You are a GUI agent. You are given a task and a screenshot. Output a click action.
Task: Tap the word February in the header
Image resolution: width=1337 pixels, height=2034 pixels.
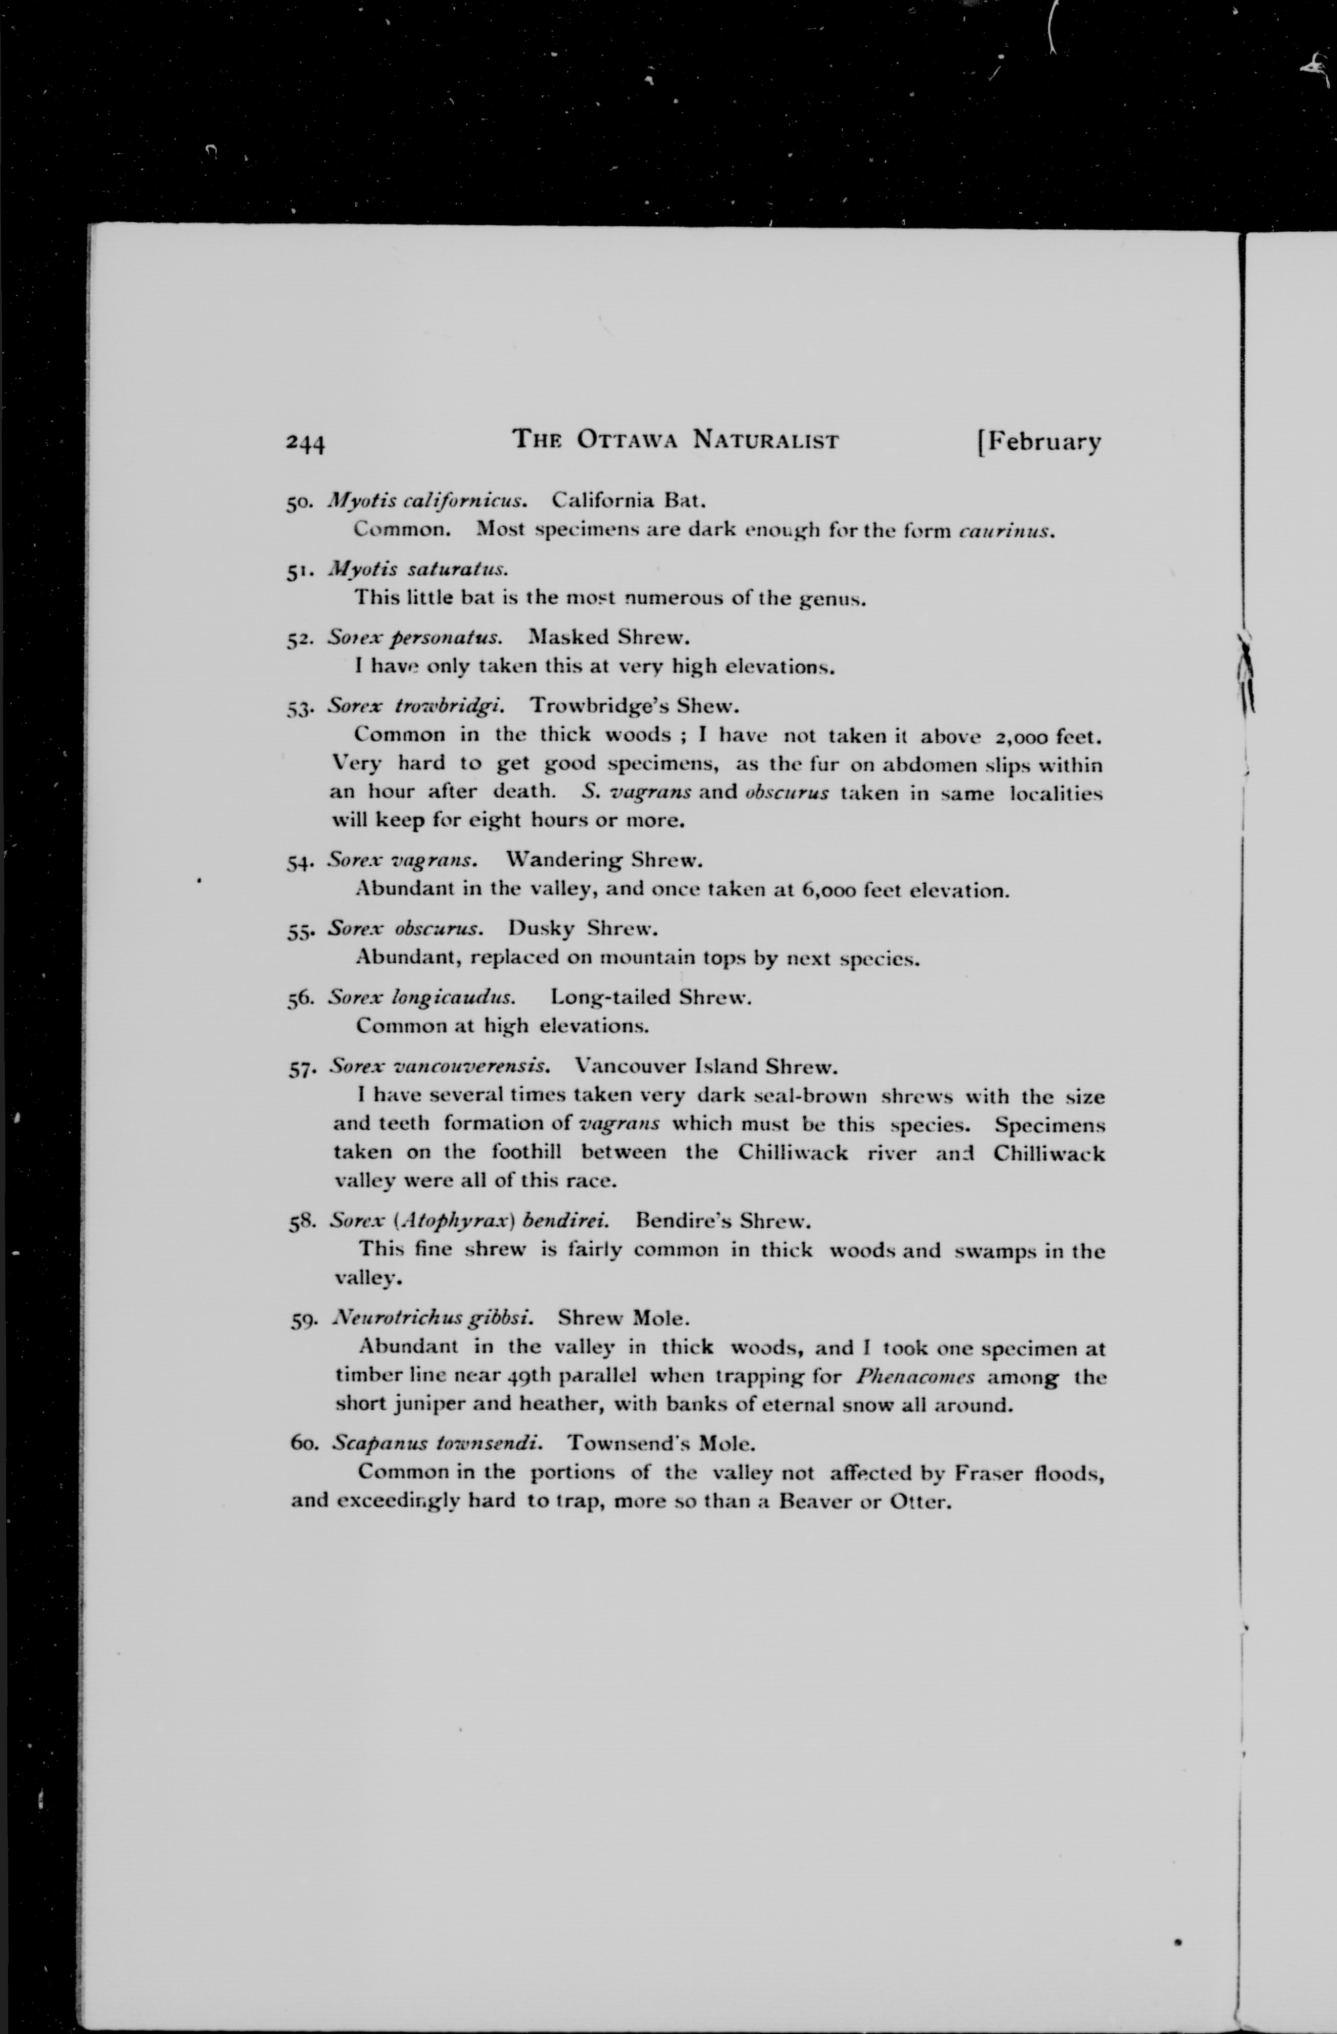tap(1045, 442)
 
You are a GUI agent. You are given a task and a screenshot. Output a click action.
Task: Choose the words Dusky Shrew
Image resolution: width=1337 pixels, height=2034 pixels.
tap(583, 928)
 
